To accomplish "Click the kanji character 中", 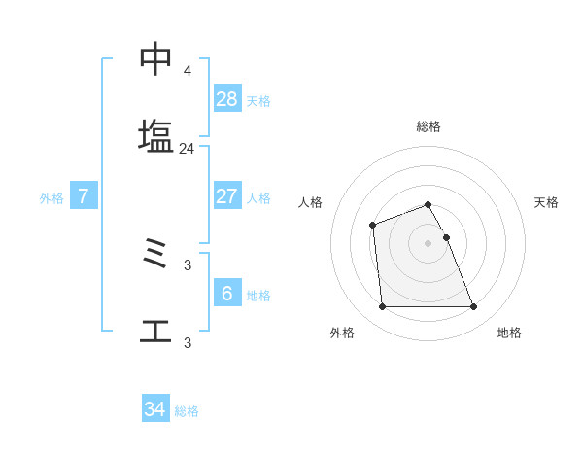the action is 156,59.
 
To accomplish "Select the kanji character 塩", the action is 156,136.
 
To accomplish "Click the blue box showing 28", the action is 227,99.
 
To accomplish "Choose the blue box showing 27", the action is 227,196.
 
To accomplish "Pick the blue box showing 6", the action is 227,294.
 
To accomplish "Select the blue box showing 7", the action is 84,196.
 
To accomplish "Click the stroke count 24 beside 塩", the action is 187,149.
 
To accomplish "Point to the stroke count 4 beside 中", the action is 187,71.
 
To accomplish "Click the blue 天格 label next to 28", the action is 258,100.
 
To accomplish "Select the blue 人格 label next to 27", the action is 258,197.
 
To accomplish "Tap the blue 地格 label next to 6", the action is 258,295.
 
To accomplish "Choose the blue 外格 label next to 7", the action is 51,197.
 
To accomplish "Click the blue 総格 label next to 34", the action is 187,411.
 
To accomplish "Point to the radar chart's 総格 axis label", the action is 429,126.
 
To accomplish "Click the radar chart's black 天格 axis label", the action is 547,202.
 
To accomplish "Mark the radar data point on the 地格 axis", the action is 474,307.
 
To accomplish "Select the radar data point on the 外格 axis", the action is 382,307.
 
